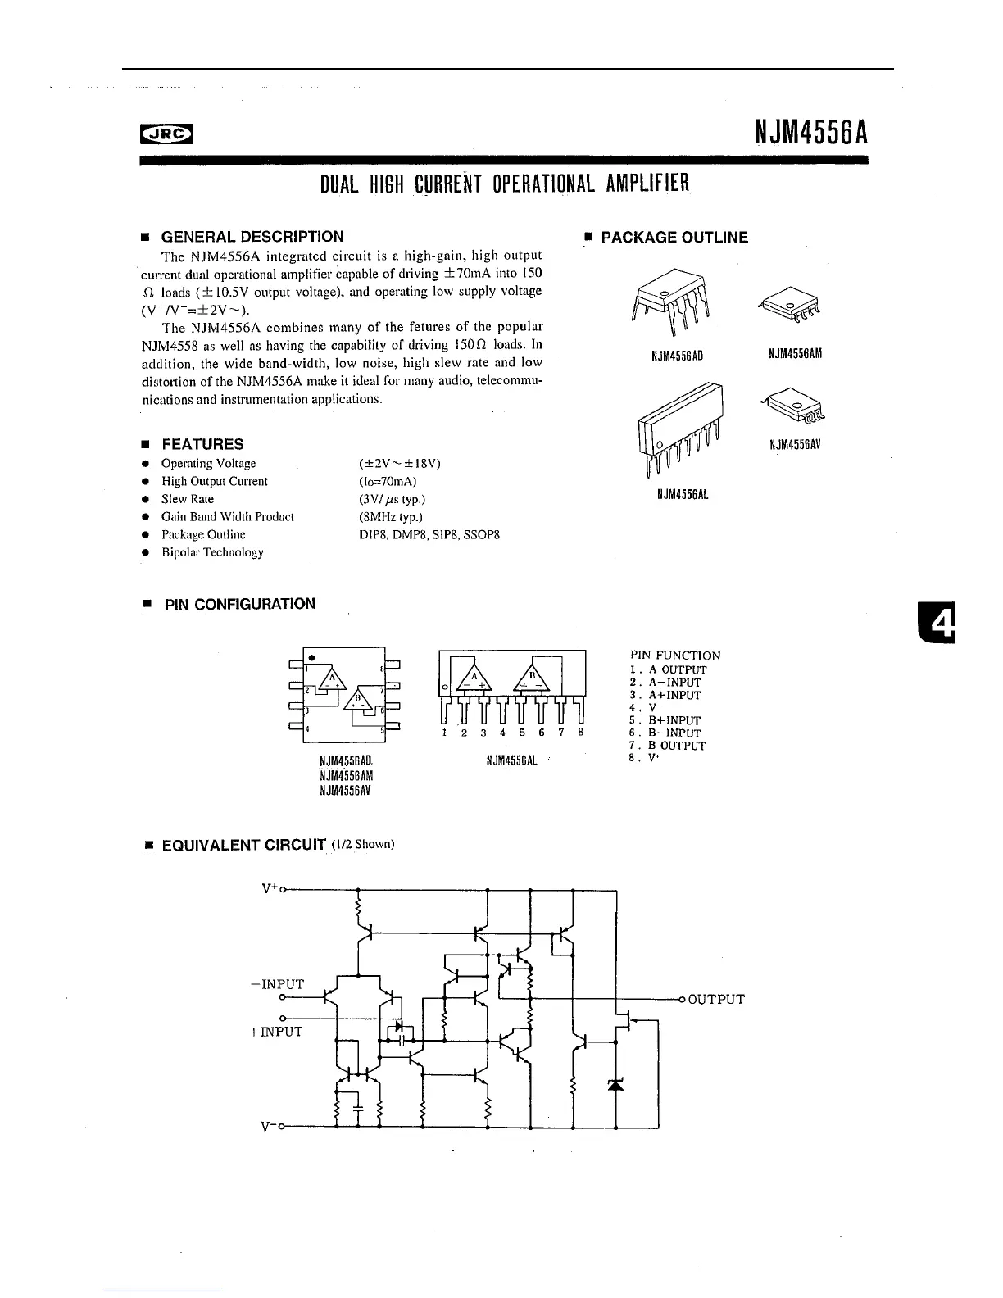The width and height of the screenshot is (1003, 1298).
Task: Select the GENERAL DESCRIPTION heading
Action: pyautogui.click(x=252, y=237)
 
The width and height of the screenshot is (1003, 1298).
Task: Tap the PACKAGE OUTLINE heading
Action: pyautogui.click(x=674, y=238)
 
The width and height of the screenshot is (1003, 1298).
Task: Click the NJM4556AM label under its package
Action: pyautogui.click(x=795, y=353)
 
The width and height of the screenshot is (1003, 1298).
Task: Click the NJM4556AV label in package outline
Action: pyautogui.click(x=795, y=445)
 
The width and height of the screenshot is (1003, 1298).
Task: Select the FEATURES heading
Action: pyautogui.click(x=202, y=444)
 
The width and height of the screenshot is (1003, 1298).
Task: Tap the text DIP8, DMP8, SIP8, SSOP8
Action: pyautogui.click(x=429, y=534)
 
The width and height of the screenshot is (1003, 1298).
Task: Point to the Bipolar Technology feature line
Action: pyautogui.click(x=212, y=552)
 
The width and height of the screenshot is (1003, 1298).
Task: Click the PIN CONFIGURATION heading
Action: pyautogui.click(x=239, y=604)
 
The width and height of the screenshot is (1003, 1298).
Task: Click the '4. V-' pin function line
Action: pyautogui.click(x=646, y=707)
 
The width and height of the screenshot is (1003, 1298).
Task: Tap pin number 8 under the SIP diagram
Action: pyautogui.click(x=580, y=733)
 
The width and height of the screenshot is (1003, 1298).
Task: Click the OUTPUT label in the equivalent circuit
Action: pyautogui.click(x=715, y=999)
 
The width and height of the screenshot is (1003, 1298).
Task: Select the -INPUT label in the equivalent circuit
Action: pyautogui.click(x=277, y=984)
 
